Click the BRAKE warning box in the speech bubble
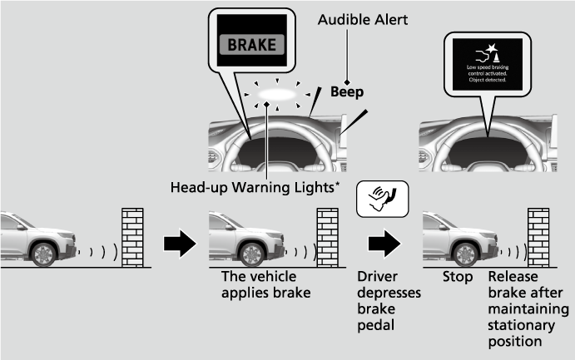tap(250, 44)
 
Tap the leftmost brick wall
tap(134, 236)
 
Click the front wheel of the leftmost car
tap(43, 254)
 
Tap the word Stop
tap(458, 276)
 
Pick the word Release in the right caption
tap(513, 276)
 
